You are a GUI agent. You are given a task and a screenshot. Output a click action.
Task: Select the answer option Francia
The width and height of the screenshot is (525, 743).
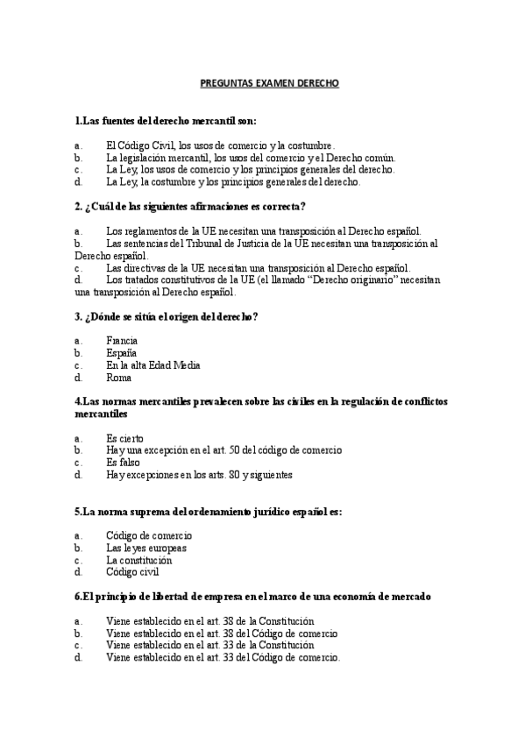[122, 340]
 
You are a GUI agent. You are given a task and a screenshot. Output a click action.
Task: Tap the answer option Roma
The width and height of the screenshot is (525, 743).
[118, 378]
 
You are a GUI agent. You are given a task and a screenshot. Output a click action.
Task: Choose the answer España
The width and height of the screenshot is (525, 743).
[121, 352]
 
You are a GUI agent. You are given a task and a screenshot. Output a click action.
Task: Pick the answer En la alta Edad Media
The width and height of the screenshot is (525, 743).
[153, 365]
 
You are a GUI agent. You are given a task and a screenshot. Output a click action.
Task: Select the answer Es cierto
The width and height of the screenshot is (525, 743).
[125, 437]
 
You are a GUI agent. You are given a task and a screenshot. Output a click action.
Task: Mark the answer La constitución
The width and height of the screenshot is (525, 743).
[139, 559]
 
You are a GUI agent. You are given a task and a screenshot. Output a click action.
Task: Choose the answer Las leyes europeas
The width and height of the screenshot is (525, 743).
[146, 547]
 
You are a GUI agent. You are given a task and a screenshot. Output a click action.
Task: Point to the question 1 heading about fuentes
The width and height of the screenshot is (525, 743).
[166, 120]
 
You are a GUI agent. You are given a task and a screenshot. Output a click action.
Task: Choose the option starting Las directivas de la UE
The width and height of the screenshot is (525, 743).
[258, 267]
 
